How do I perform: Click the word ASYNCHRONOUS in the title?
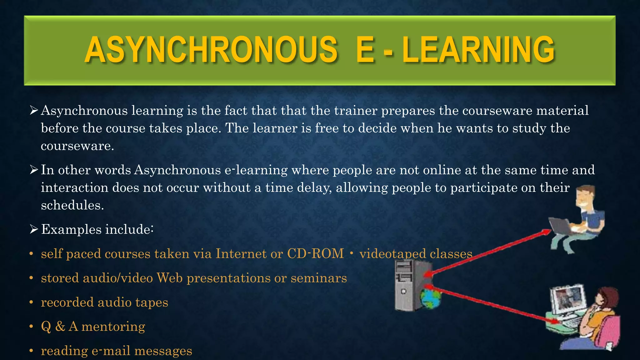[x=211, y=50]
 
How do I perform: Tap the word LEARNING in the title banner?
[x=478, y=50]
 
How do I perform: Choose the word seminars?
[x=319, y=278]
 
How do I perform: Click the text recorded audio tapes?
[x=104, y=302]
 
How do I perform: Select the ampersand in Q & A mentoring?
[x=60, y=327]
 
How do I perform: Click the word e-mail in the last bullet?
[x=111, y=351]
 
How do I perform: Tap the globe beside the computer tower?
[x=430, y=298]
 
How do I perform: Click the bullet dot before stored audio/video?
[x=31, y=278]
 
